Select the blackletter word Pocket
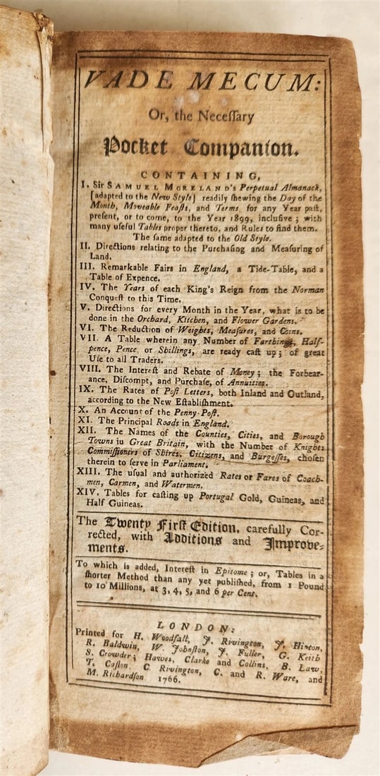pos(135,148)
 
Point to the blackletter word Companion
pos(236,148)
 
